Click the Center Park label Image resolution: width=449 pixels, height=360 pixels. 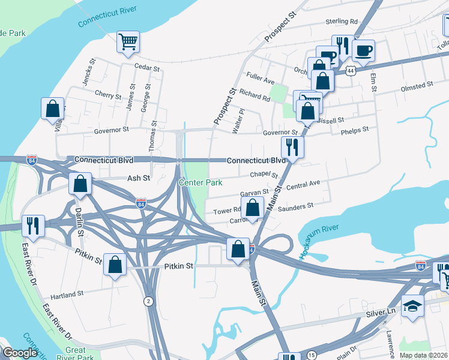201,182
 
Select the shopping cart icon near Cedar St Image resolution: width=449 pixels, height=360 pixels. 128,42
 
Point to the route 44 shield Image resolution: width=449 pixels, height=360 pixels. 357,70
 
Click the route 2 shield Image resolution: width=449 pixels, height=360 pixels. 148,302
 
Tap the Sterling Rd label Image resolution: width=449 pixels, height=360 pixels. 341,21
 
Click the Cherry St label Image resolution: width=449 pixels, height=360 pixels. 108,94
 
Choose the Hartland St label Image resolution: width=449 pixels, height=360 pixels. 67,295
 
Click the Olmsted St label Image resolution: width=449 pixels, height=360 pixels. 417,86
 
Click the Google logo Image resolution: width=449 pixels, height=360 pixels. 20,353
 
